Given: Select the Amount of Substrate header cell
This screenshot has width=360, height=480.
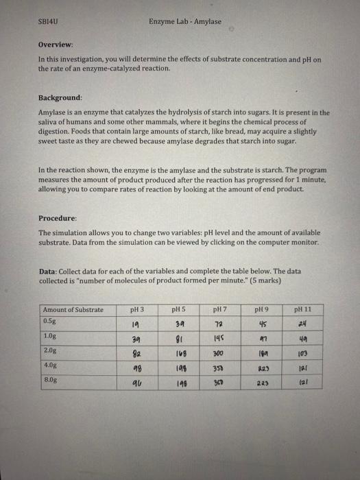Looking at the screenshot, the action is pyautogui.click(x=73, y=309).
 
